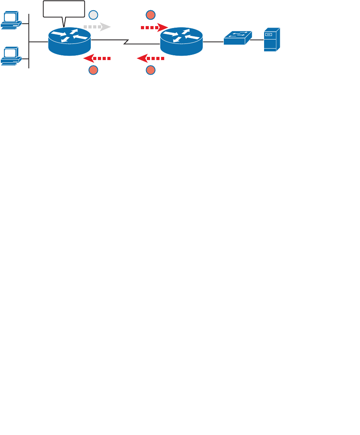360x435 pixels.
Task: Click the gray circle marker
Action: click(x=93, y=15)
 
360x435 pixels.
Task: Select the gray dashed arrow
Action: click(x=97, y=27)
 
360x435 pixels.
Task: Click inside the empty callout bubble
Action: click(x=64, y=9)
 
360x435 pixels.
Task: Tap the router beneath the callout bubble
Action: click(x=69, y=41)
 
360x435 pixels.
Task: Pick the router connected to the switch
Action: click(x=182, y=41)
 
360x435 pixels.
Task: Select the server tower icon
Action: click(x=272, y=39)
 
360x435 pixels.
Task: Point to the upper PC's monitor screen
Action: click(x=10, y=17)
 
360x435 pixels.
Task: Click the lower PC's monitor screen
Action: click(x=10, y=53)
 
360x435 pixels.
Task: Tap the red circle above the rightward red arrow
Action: click(x=150, y=15)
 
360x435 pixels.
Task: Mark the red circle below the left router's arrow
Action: click(x=93, y=70)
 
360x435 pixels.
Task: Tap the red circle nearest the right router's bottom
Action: click(x=150, y=70)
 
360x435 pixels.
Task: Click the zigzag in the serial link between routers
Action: click(x=126, y=41)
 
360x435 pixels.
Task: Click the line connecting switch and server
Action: click(x=257, y=40)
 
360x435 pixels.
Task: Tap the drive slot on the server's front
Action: click(x=269, y=35)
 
